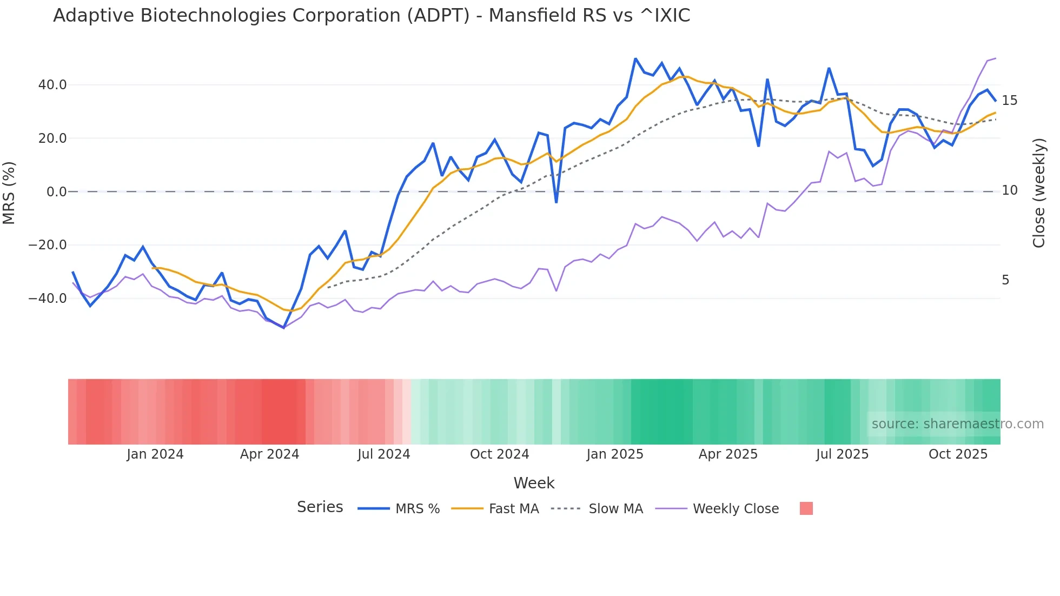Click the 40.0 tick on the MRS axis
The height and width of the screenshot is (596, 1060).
point(52,85)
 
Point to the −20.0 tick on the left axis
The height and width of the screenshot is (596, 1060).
point(48,245)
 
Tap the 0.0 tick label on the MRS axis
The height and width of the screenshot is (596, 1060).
point(56,192)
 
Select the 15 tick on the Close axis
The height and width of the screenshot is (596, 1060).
point(1009,101)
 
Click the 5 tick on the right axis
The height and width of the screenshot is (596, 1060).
point(1005,280)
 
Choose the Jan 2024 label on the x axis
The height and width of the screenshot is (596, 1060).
point(155,454)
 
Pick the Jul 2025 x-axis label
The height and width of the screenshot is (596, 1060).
point(842,454)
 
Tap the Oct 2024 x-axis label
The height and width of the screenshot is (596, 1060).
point(499,454)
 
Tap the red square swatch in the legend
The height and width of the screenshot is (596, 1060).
point(806,508)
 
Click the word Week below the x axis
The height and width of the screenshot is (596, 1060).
point(534,483)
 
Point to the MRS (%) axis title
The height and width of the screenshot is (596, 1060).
point(9,193)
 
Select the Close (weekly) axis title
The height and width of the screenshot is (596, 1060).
point(1038,193)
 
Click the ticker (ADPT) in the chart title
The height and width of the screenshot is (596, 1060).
point(438,16)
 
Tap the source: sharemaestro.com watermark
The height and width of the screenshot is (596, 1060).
point(957,424)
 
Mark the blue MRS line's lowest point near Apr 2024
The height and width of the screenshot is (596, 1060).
point(283,328)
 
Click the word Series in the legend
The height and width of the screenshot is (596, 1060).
point(320,507)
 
